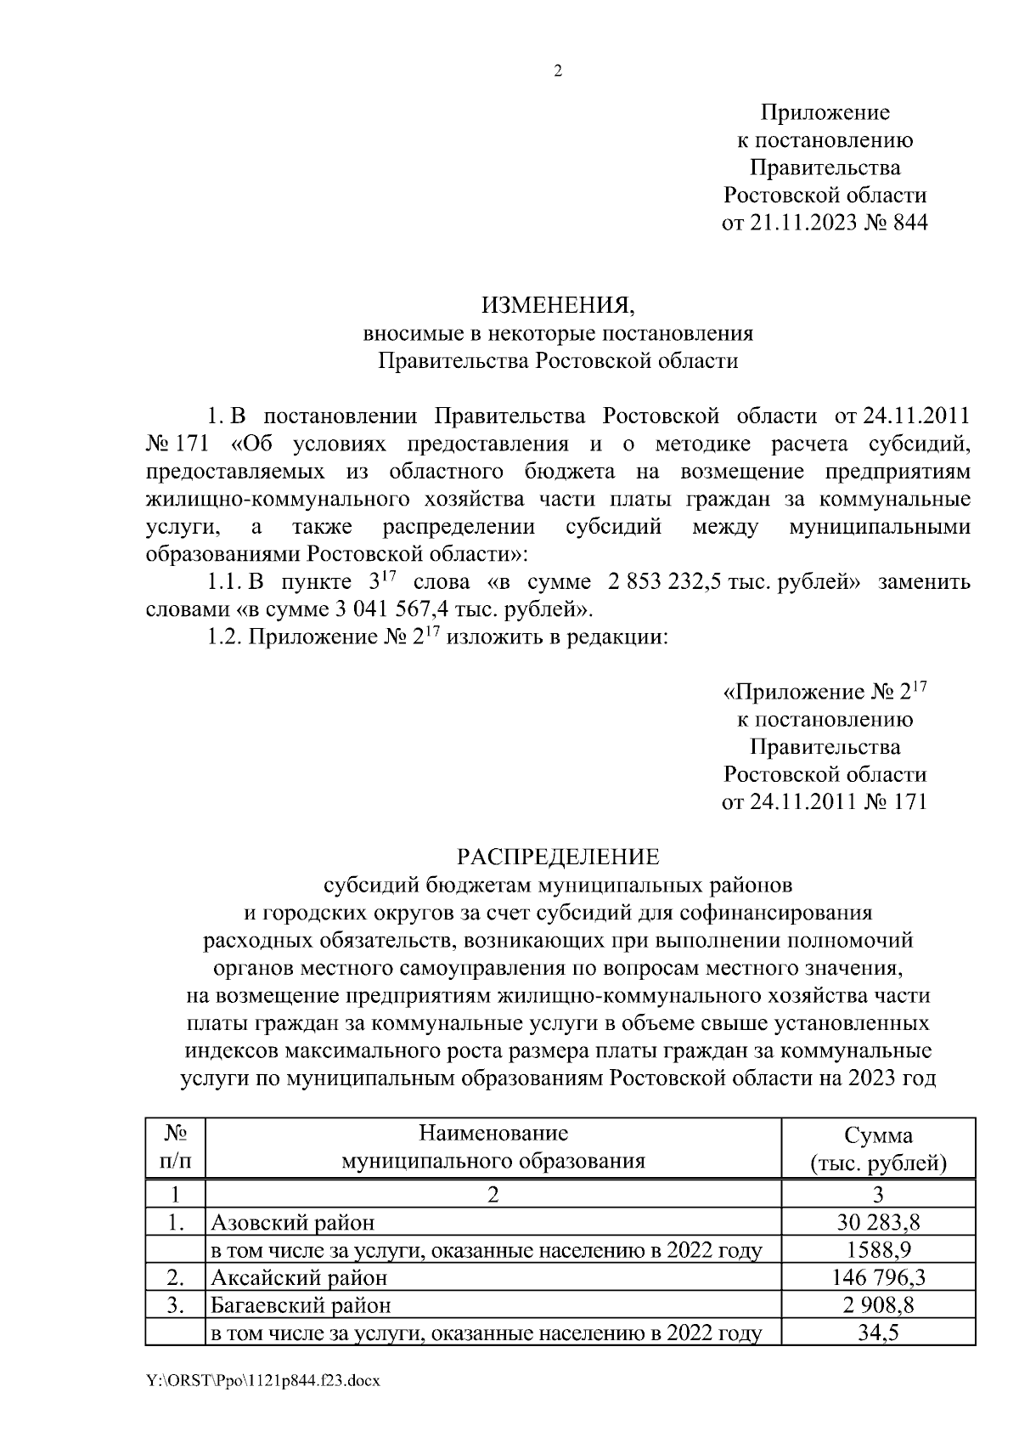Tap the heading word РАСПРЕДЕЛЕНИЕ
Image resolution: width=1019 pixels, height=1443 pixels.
pyautogui.click(x=558, y=856)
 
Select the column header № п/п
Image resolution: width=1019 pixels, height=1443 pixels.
pyautogui.click(x=175, y=1147)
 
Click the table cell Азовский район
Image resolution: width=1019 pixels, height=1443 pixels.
pyautogui.click(x=293, y=1223)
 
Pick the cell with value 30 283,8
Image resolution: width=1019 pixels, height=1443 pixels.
pyautogui.click(x=878, y=1223)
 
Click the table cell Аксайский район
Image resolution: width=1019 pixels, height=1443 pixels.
pyautogui.click(x=299, y=1277)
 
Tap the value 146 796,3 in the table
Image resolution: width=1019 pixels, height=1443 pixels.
pyautogui.click(x=878, y=1277)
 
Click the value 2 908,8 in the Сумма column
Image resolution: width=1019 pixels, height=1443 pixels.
pyautogui.click(x=878, y=1304)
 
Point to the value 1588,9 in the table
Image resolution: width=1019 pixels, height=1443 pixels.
pyautogui.click(x=878, y=1250)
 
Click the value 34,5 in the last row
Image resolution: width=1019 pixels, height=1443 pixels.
pyautogui.click(x=878, y=1333)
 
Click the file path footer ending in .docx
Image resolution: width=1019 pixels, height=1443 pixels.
pyautogui.click(x=262, y=1381)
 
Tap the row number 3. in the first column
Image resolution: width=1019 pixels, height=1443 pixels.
pyautogui.click(x=175, y=1304)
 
